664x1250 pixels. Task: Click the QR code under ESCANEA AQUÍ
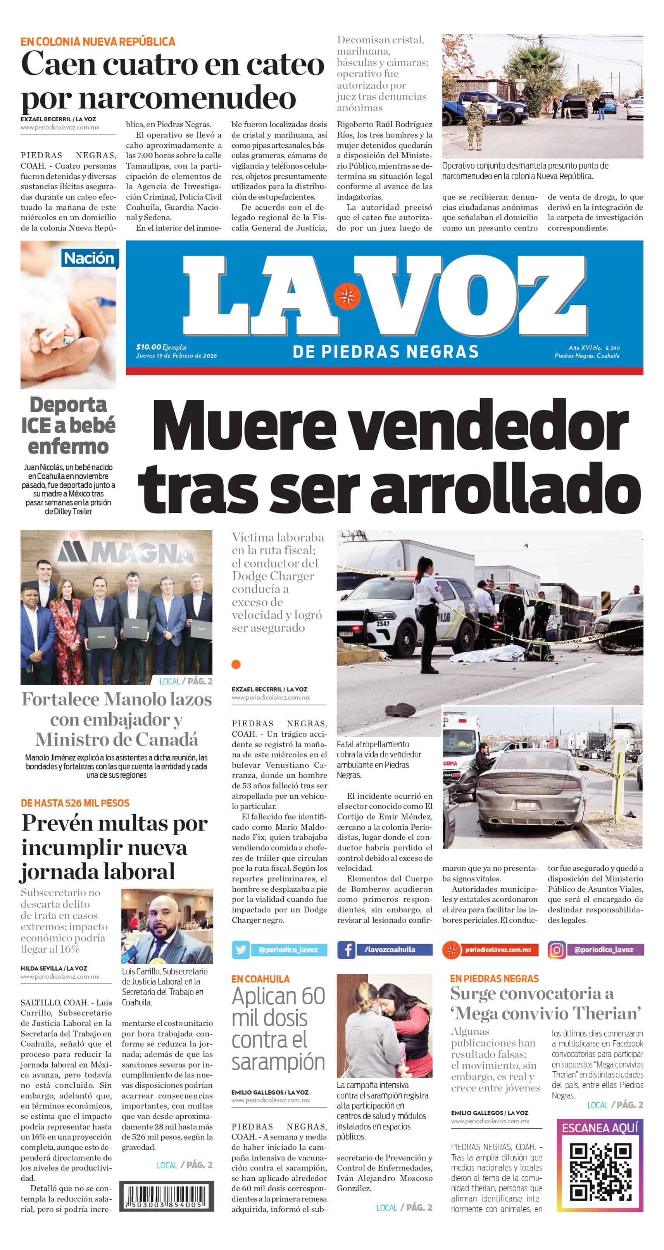pos(600,1172)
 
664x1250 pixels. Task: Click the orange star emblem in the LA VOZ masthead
pos(347,295)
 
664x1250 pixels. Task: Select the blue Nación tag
pos(89,258)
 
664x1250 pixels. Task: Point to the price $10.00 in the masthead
pos(148,347)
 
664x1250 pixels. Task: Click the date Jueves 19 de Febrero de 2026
pos(176,356)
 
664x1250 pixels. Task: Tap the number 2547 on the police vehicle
pos(383,624)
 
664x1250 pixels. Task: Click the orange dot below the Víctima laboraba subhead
pos(236,664)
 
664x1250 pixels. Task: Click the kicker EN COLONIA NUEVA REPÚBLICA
pos(98,42)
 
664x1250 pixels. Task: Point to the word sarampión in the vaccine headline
pos(278,1062)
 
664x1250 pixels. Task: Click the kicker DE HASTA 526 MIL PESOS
pos(75,803)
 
